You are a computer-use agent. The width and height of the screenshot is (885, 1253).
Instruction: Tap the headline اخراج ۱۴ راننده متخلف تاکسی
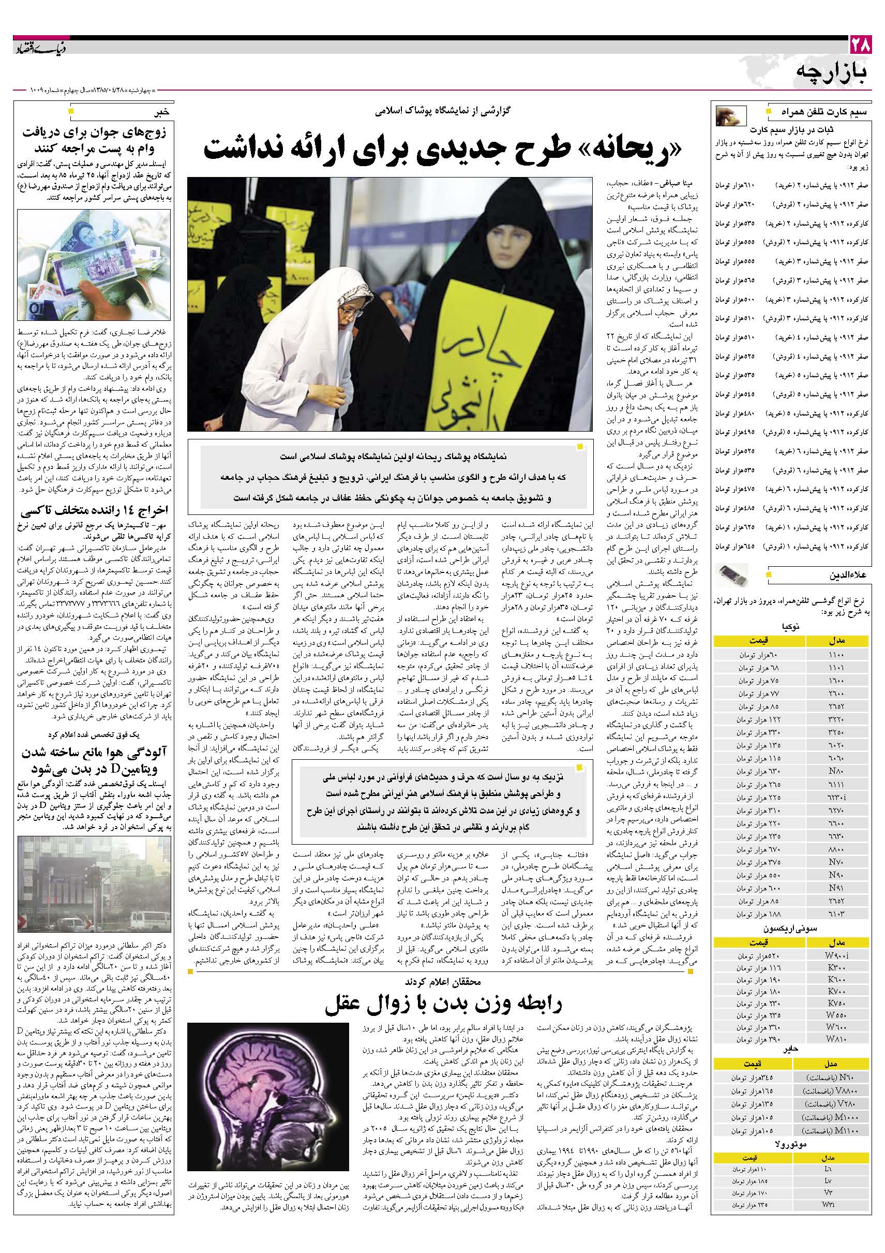pyautogui.click(x=94, y=513)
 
